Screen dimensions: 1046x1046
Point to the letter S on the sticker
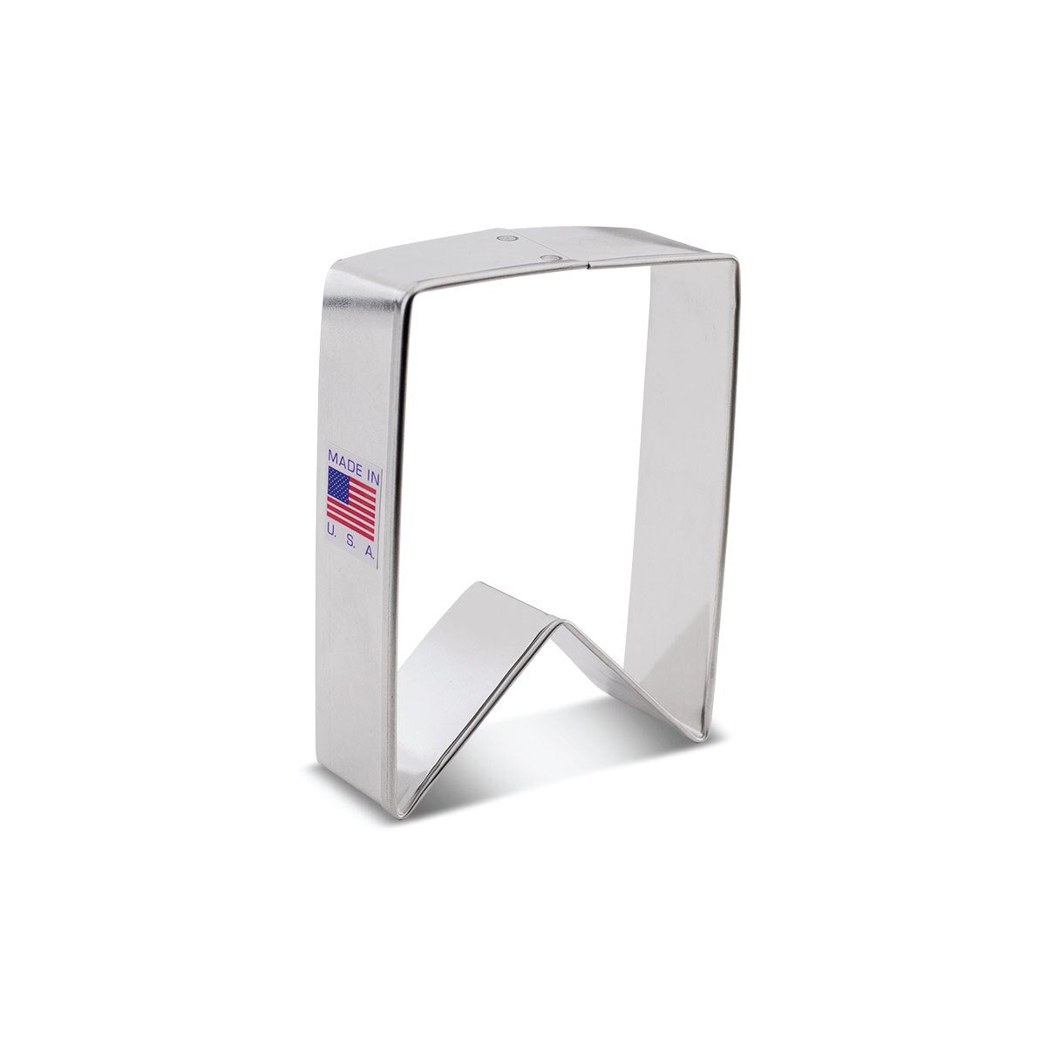tap(350, 530)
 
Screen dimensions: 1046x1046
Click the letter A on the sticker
tap(369, 533)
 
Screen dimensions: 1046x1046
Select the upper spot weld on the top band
tap(508, 238)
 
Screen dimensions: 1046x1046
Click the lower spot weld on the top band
tap(549, 256)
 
